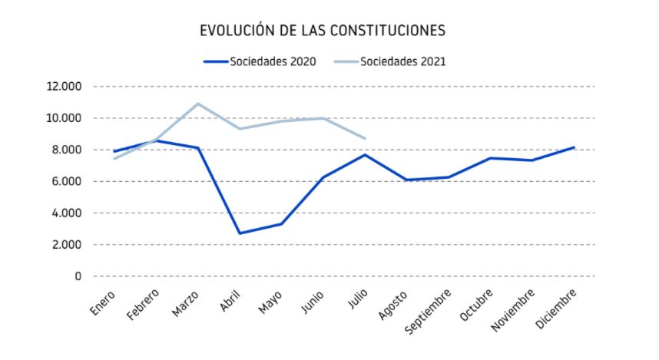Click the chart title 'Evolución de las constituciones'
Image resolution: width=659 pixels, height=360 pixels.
pyautogui.click(x=323, y=31)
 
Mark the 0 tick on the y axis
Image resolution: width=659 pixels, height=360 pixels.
pyautogui.click(x=77, y=276)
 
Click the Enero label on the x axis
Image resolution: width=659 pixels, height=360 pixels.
pyautogui.click(x=103, y=302)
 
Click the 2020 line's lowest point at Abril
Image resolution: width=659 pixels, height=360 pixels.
pyautogui.click(x=240, y=233)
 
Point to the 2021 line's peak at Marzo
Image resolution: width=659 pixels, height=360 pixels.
pyautogui.click(x=198, y=104)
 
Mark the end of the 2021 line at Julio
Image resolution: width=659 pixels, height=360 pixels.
pyautogui.click(x=365, y=139)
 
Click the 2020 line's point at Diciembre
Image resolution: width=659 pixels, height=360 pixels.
pyautogui.click(x=574, y=147)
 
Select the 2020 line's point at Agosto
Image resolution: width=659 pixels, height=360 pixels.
pyautogui.click(x=406, y=180)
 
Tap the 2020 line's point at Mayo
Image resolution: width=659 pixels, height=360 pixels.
pyautogui.click(x=281, y=224)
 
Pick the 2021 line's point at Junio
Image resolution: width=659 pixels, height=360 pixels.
pyautogui.click(x=323, y=118)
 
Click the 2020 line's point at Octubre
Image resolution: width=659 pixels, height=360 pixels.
pyautogui.click(x=490, y=158)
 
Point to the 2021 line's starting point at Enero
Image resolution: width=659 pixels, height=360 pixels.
pyautogui.click(x=114, y=158)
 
